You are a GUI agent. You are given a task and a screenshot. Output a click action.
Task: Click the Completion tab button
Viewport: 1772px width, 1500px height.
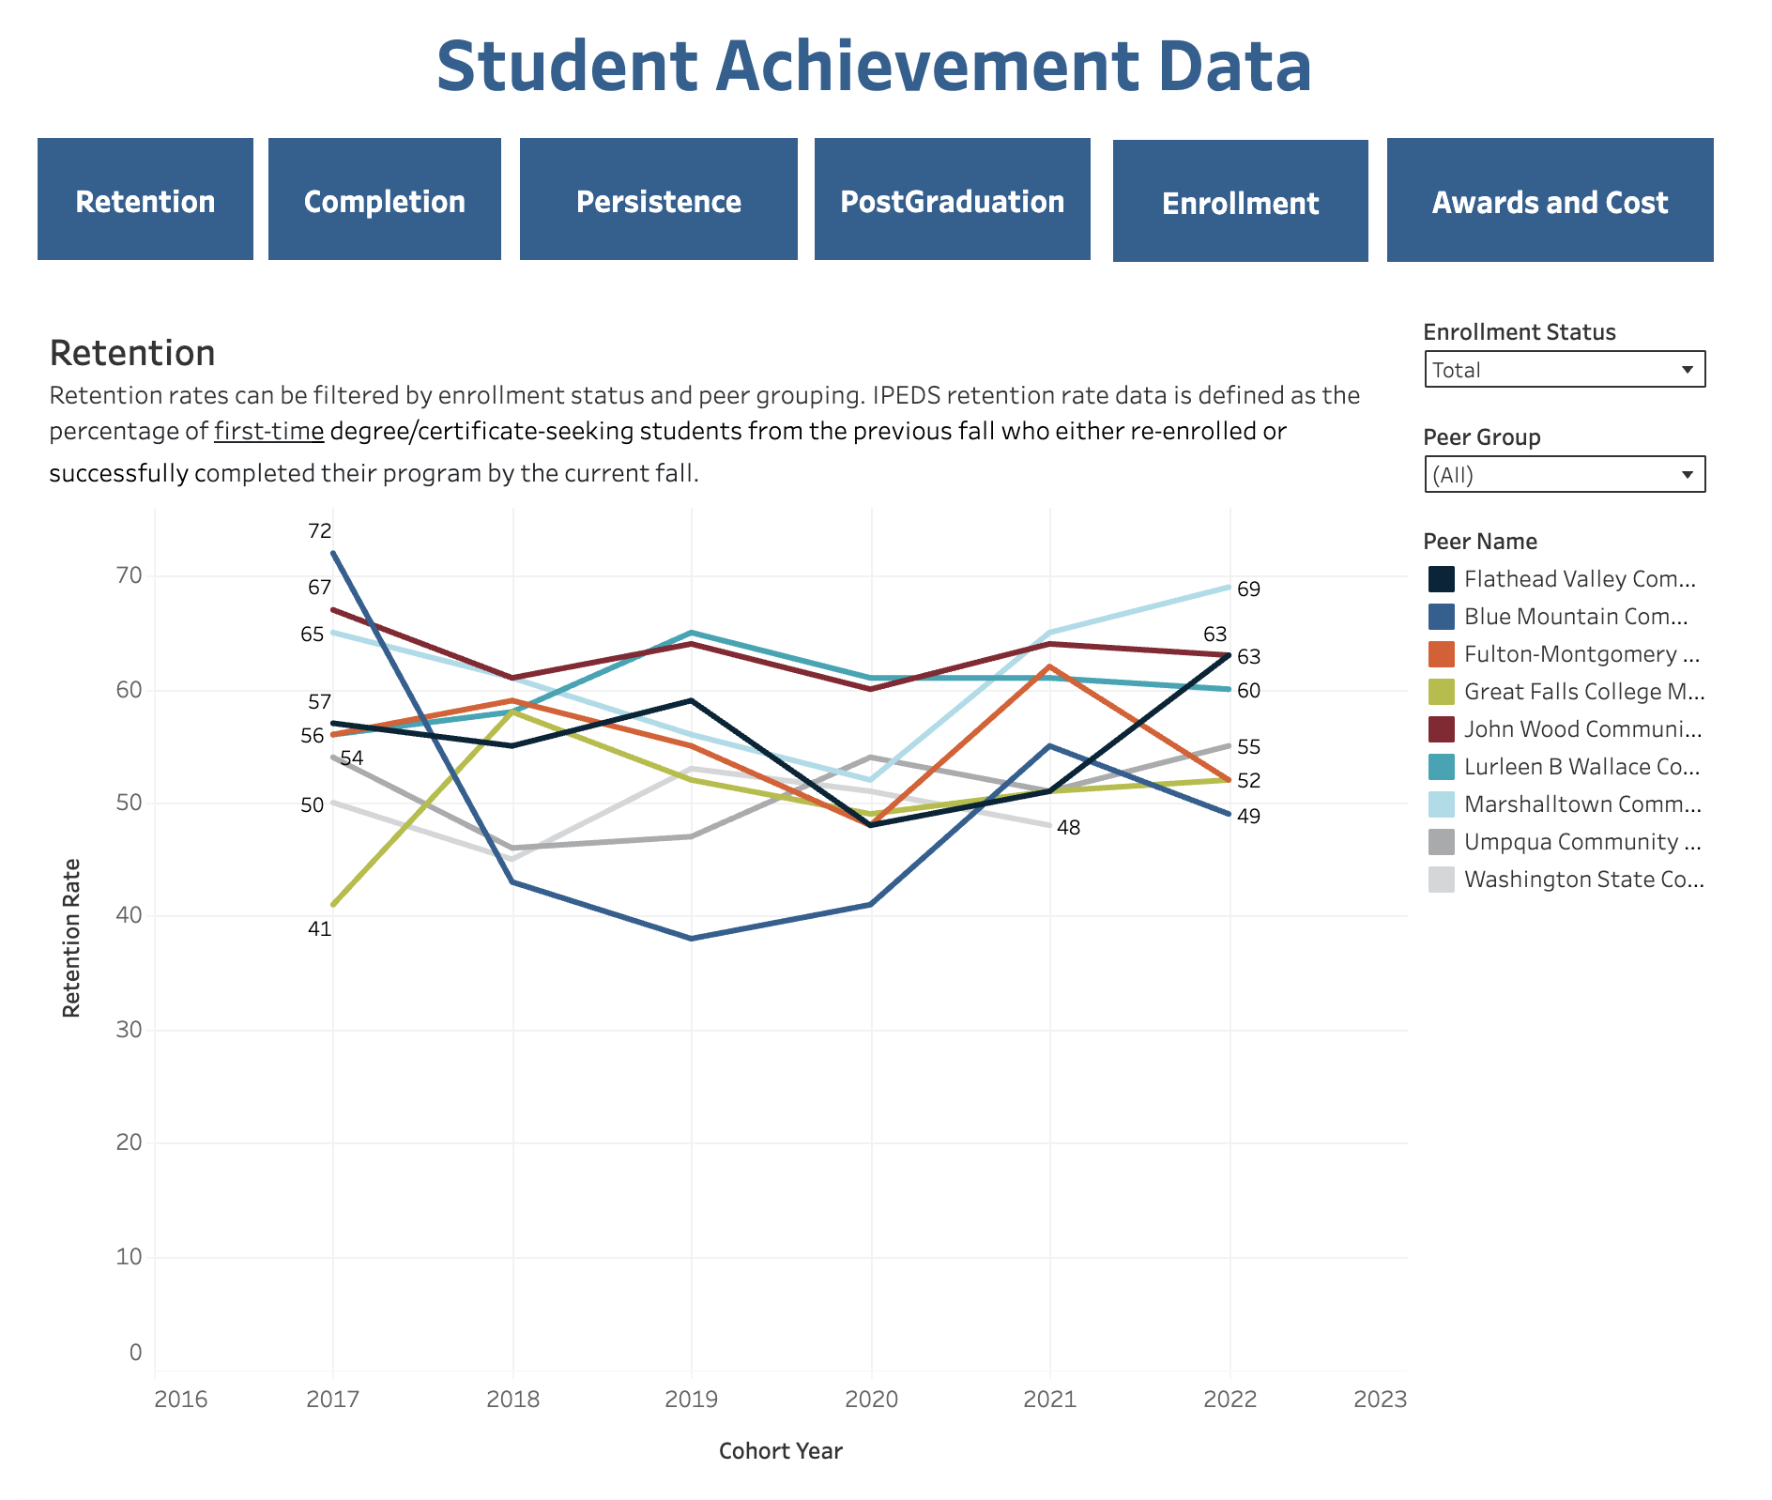[x=384, y=200]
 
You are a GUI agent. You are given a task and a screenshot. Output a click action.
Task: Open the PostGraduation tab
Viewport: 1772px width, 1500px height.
[x=952, y=200]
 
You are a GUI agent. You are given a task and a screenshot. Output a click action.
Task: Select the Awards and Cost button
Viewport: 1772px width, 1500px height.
[x=1550, y=201]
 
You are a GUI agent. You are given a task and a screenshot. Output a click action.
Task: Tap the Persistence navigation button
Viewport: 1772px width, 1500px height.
[x=658, y=200]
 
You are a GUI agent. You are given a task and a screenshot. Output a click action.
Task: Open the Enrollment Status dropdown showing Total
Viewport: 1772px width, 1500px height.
[x=1564, y=369]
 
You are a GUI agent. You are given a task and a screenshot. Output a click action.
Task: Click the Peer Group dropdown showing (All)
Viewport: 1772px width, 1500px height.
[x=1564, y=474]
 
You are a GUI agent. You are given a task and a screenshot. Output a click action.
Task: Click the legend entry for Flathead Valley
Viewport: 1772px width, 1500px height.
[x=1579, y=579]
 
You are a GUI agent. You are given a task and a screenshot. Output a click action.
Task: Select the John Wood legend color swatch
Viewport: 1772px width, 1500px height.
[x=1441, y=729]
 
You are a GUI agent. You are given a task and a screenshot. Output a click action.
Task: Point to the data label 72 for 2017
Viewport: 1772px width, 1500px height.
[x=319, y=531]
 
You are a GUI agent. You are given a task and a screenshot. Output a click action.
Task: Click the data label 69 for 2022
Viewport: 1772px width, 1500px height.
[x=1248, y=589]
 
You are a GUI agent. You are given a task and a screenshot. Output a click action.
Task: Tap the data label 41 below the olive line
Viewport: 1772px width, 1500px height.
[x=319, y=929]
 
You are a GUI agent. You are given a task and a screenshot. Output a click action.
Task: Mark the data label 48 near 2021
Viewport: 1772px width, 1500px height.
[x=1068, y=828]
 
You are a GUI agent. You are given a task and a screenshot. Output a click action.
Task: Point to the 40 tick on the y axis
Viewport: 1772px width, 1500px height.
[x=130, y=915]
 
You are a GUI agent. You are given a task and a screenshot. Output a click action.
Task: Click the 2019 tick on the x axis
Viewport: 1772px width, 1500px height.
[x=691, y=1400]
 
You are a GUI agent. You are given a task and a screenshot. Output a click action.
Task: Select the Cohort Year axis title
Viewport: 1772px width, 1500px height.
[x=780, y=1451]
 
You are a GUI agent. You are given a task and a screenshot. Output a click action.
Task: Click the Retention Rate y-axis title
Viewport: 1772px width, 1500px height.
[x=71, y=938]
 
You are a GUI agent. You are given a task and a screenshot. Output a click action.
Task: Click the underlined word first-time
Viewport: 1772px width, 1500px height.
[x=268, y=432]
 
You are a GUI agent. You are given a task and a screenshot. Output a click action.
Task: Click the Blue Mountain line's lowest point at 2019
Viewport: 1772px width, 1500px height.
[x=692, y=938]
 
